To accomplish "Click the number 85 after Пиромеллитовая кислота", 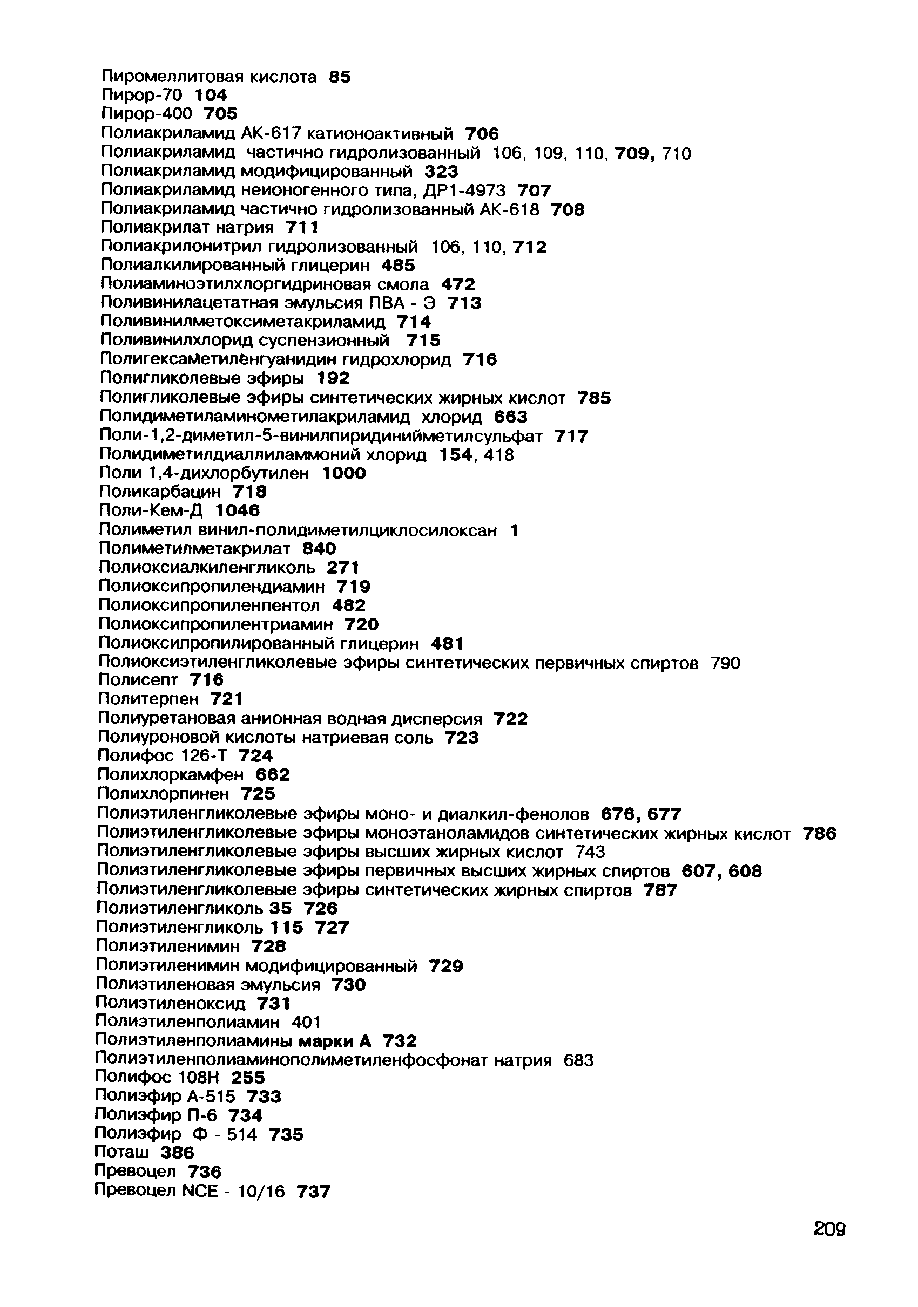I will [340, 77].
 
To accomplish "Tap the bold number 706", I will [482, 134].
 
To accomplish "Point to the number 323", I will [441, 172].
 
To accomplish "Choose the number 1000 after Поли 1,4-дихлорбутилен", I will [344, 473].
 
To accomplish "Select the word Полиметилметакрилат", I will [194, 548].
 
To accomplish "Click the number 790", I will [725, 663].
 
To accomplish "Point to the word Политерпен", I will [148, 698].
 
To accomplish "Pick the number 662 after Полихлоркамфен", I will [273, 774].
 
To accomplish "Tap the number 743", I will [590, 852].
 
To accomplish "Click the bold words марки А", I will [335, 1041].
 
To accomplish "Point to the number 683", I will [578, 1060].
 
